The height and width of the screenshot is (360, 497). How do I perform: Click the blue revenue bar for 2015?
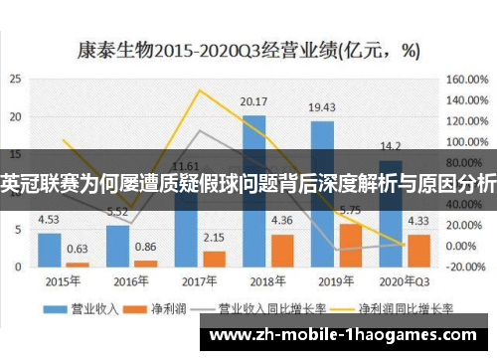coord(49,250)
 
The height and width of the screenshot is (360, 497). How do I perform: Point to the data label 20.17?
coord(254,102)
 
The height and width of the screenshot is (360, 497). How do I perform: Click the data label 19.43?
coord(321,107)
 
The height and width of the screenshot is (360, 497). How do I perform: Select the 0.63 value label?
coord(77,249)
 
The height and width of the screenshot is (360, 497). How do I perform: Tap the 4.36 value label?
coord(282,220)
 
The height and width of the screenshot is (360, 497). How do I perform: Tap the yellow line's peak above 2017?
coord(200,90)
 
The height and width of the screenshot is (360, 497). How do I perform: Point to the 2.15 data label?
coord(214,238)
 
